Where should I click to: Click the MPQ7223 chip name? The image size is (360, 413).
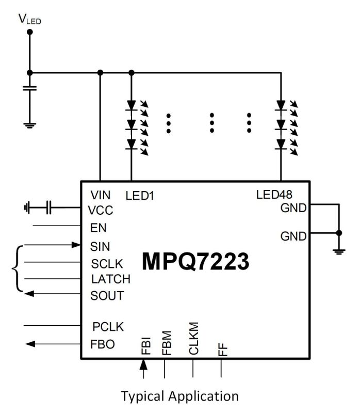[195, 261]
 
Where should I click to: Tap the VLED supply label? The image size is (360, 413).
[29, 20]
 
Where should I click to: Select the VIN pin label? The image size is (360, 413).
[101, 195]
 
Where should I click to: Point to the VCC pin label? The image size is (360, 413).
[101, 211]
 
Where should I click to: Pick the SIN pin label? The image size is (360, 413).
[99, 246]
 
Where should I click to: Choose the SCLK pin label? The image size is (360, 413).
[107, 263]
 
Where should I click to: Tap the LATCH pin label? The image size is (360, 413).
[110, 279]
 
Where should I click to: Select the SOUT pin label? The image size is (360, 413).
[107, 296]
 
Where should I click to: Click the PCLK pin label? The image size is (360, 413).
[108, 327]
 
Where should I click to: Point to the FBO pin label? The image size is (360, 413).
[102, 343]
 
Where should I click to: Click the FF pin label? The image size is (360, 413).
[222, 350]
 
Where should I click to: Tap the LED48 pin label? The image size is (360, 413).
[274, 195]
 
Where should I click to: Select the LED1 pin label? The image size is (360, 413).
[140, 195]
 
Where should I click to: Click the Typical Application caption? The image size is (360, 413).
[179, 396]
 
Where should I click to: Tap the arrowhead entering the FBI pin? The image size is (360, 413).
[144, 365]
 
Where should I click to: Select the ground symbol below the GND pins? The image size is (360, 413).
[339, 251]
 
